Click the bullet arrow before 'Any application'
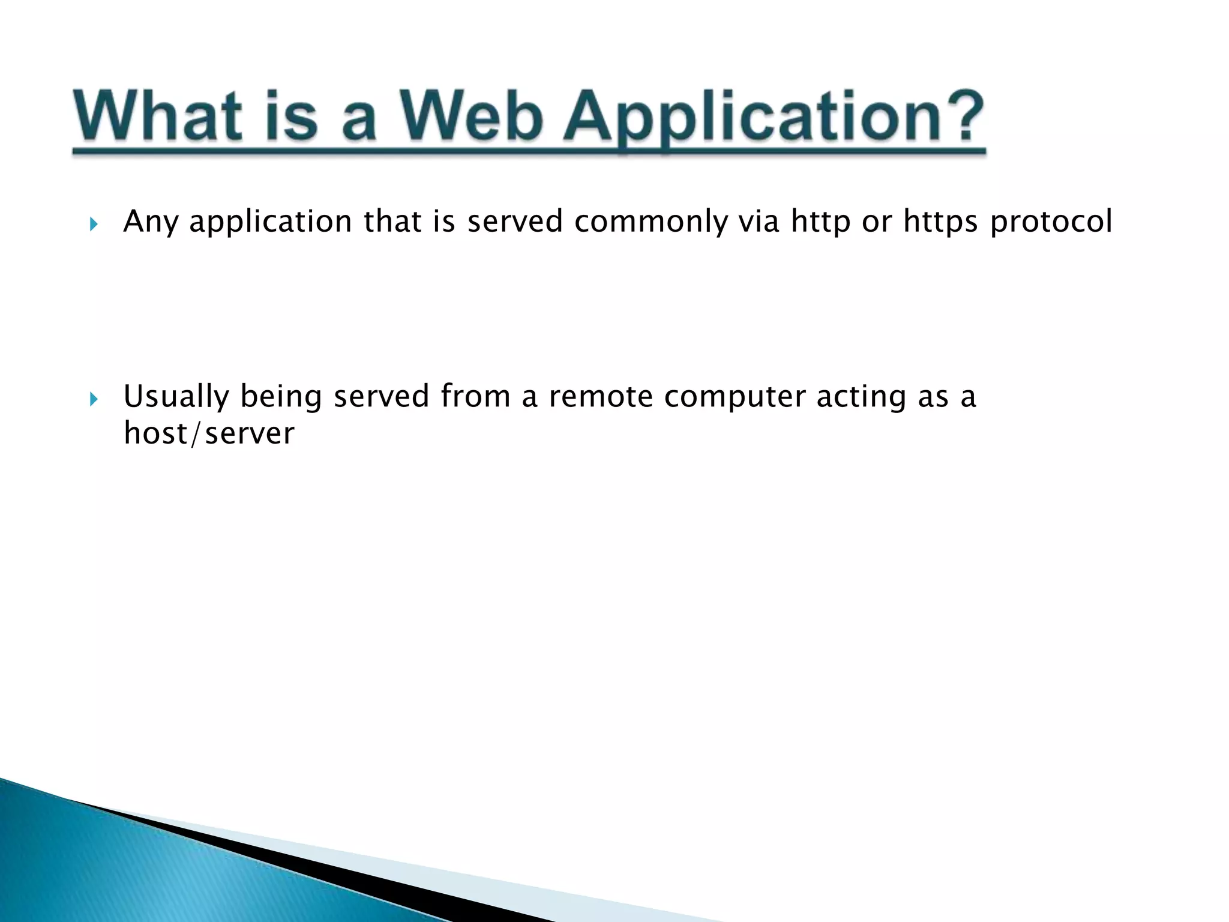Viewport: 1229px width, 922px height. tap(93, 225)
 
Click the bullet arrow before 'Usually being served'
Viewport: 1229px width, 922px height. tap(93, 400)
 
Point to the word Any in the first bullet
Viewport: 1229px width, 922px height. tap(151, 222)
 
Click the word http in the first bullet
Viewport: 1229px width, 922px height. tap(820, 222)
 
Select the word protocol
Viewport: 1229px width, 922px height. tap(1051, 222)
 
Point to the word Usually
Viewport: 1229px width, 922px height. tap(176, 397)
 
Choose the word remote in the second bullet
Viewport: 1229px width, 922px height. tap(600, 396)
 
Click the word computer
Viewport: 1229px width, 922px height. tap(735, 397)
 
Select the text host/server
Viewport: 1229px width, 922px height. tap(209, 433)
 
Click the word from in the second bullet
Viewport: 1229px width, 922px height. tap(475, 396)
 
